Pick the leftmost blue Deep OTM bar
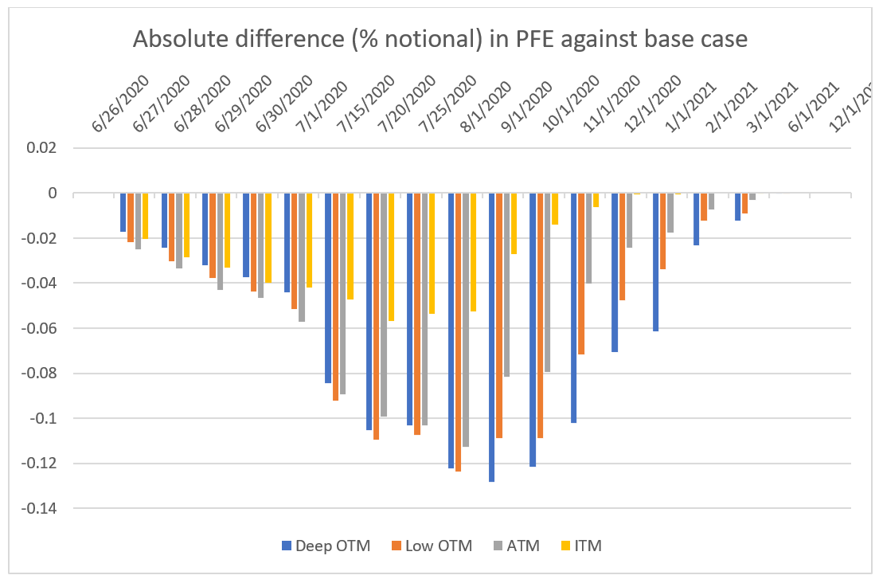coord(123,213)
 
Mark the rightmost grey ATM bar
coord(752,197)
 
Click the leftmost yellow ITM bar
coord(145,216)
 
